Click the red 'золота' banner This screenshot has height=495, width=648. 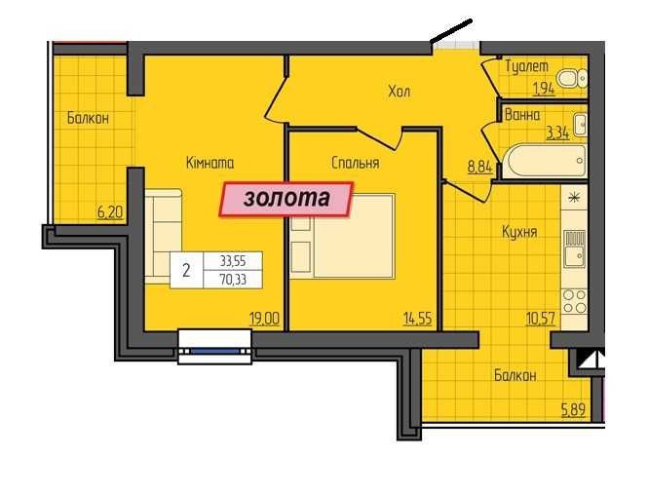point(286,198)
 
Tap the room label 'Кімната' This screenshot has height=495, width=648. point(210,163)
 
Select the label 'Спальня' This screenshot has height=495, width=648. point(355,163)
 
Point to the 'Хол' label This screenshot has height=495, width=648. point(399,93)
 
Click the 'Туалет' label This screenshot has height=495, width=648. point(527,66)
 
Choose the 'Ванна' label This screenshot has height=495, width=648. point(523,114)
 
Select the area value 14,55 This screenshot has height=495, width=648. point(420,316)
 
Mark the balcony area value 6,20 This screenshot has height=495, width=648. point(111,208)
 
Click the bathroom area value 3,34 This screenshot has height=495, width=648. point(557,133)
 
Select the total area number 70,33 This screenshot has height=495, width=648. point(233,277)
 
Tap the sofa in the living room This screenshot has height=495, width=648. point(171,234)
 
